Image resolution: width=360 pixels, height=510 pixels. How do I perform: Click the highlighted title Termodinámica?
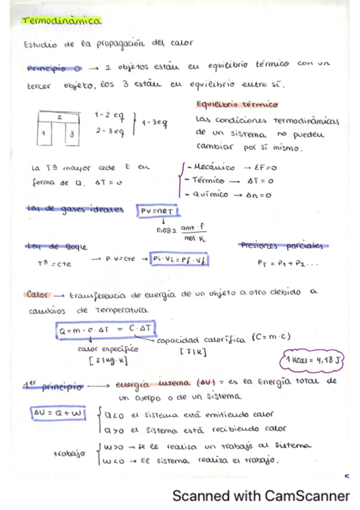pos(62,21)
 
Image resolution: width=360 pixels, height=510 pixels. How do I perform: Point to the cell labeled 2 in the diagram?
pos(60,118)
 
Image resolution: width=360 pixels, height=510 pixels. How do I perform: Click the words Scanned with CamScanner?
pos(260,496)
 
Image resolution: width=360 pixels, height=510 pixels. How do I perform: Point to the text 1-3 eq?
pos(154,123)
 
